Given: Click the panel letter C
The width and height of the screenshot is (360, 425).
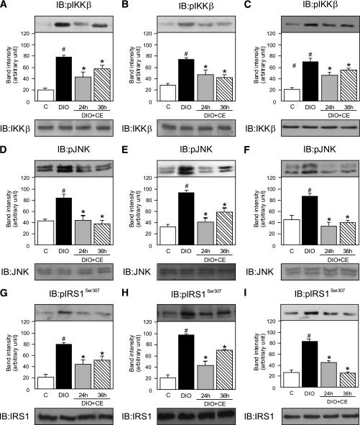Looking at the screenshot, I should (x=247, y=6).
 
